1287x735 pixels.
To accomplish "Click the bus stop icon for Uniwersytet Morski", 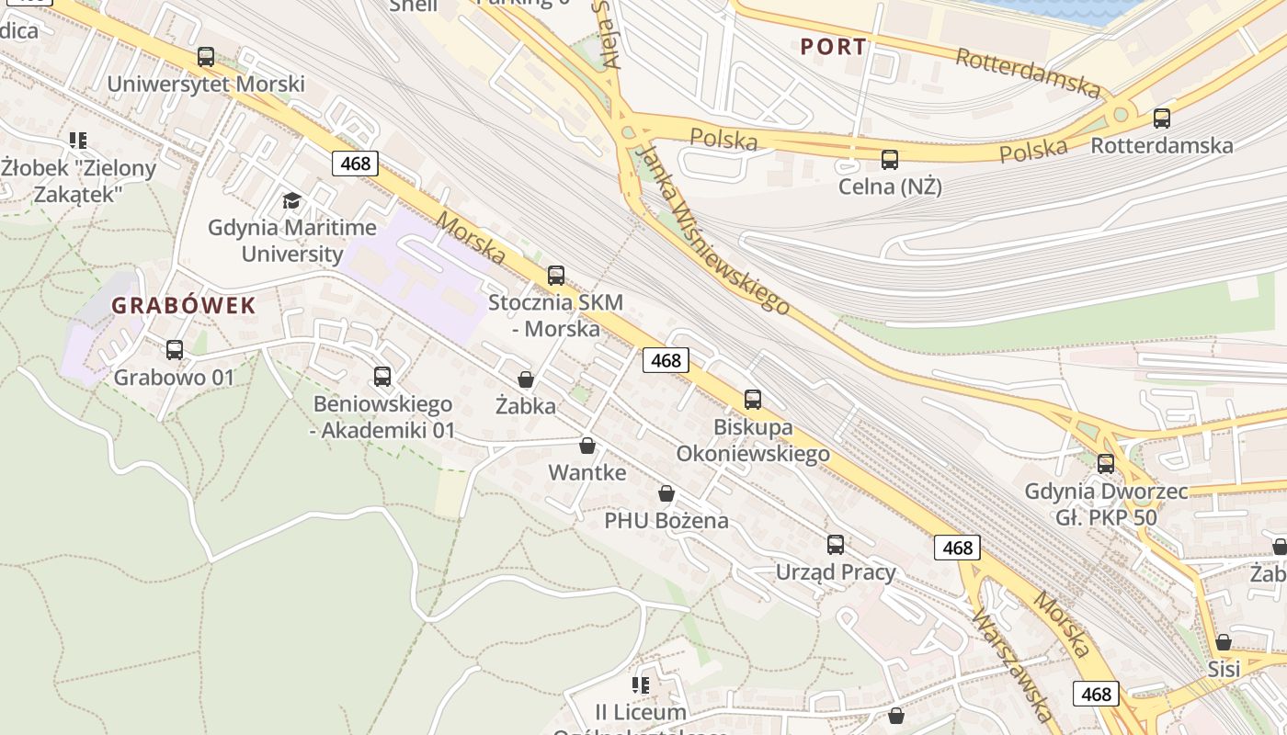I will (x=206, y=57).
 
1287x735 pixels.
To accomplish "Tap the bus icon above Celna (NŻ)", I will (x=890, y=160).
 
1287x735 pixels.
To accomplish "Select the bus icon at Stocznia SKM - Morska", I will (x=555, y=276).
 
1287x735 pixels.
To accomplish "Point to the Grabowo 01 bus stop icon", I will (x=175, y=350).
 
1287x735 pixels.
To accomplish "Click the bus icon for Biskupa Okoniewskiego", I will (x=753, y=400).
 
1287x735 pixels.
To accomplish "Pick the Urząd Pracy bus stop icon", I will (x=836, y=545).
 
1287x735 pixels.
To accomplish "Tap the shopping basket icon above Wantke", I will (x=587, y=447).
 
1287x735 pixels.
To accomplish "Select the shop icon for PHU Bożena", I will (x=666, y=494).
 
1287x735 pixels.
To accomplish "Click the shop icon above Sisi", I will (x=1224, y=642).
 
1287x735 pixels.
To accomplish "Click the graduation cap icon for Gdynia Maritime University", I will (x=291, y=200).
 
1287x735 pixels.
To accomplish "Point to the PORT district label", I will (x=833, y=47).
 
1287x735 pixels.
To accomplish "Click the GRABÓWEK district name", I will (x=184, y=306).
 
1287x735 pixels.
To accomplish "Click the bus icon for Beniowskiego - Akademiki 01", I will (x=382, y=377).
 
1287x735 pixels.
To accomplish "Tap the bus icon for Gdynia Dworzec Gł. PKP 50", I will (x=1106, y=464).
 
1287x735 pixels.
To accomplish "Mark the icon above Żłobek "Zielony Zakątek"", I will (x=78, y=141).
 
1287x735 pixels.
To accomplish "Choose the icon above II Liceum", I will (x=641, y=685).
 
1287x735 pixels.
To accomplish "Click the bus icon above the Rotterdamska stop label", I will (x=1162, y=119).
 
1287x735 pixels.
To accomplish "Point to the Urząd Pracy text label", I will (x=836, y=572).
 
